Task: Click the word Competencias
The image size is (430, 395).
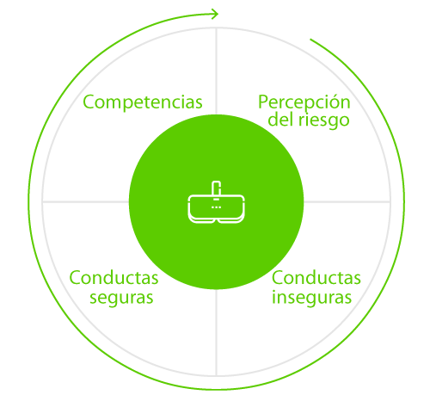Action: tap(143, 102)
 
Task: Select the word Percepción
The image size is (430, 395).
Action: tap(304, 102)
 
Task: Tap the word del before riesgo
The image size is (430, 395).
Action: tap(280, 119)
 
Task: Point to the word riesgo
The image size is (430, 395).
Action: tap(324, 120)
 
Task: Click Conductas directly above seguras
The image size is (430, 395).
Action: tap(114, 278)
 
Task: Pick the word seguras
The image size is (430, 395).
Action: tap(121, 299)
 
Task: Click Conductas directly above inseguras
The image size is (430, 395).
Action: tap(316, 278)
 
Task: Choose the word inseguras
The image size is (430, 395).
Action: tap(311, 297)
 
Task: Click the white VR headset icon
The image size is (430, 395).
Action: tap(217, 202)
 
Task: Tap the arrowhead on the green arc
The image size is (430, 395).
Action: tap(214, 14)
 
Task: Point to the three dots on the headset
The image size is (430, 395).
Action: tap(216, 207)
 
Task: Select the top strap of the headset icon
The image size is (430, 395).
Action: tap(216, 188)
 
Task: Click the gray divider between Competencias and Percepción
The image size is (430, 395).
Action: tap(216, 71)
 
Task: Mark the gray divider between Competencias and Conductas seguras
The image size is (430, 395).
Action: tap(86, 202)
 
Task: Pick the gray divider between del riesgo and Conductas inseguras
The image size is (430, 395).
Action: tap(347, 202)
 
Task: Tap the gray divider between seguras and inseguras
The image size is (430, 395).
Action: tap(216, 332)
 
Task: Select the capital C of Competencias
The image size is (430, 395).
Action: tap(89, 102)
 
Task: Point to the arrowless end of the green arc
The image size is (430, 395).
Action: tap(310, 40)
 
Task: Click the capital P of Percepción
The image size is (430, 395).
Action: tap(263, 102)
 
